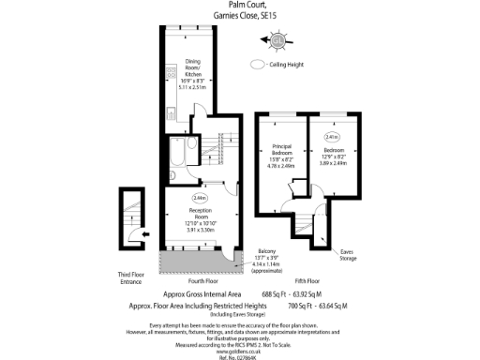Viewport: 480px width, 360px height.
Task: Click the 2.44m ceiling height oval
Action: click(200, 199)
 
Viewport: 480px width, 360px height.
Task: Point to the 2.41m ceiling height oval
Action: click(332, 137)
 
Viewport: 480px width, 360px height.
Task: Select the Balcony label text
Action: click(267, 251)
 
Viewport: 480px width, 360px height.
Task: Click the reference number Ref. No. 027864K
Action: click(240, 356)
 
